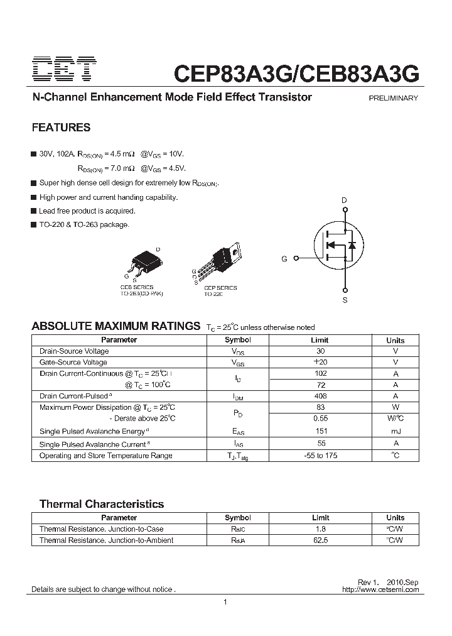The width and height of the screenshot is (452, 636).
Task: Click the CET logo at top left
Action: (x=64, y=70)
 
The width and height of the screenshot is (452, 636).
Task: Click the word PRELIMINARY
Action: (x=393, y=98)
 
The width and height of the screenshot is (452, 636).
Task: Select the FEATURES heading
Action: (x=61, y=128)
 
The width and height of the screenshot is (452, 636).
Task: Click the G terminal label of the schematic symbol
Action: (x=284, y=259)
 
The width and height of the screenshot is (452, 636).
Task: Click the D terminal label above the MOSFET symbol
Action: (x=344, y=200)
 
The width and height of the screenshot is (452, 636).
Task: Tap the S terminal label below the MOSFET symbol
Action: (x=345, y=300)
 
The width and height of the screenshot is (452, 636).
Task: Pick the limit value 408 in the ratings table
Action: (x=320, y=397)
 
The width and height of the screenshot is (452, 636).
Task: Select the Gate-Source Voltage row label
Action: (x=73, y=363)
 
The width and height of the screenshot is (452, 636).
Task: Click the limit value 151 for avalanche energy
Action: (x=320, y=431)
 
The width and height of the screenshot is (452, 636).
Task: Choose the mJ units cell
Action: (x=395, y=431)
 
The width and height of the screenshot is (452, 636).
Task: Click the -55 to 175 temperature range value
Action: (x=320, y=456)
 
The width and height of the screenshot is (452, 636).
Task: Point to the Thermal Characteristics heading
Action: (x=102, y=504)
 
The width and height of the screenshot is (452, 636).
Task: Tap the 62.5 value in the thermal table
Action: (x=320, y=540)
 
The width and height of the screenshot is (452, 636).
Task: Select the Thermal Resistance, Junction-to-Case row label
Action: (x=101, y=529)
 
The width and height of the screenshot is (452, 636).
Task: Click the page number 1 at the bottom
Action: (x=225, y=603)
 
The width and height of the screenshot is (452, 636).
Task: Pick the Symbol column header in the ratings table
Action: (x=238, y=340)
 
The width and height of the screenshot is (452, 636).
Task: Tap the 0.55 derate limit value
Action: (x=320, y=419)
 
